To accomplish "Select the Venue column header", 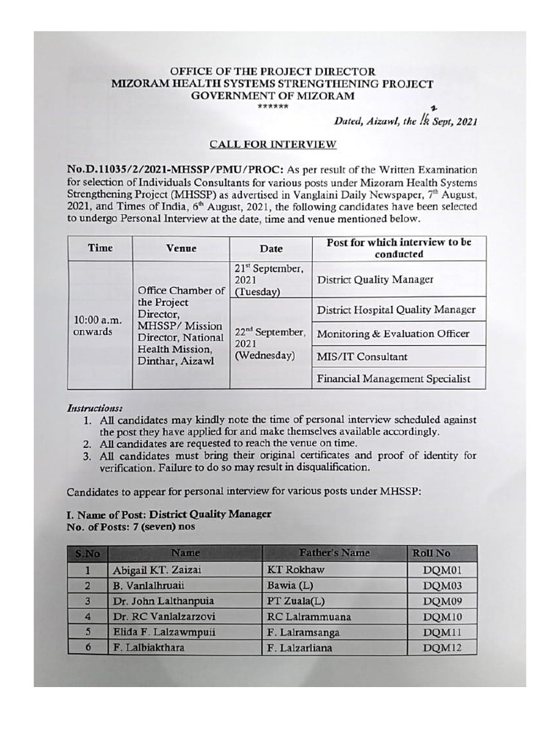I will pyautogui.click(x=181, y=248).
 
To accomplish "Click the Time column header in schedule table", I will pyautogui.click(x=100, y=248).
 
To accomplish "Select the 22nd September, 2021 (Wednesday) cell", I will pyautogui.click(x=270, y=343).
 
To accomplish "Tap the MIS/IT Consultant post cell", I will pyautogui.click(x=362, y=357).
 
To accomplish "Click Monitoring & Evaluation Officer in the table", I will pyautogui.click(x=392, y=334).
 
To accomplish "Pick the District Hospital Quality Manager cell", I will pyautogui.click(x=396, y=310).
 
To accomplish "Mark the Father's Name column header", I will pyautogui.click(x=334, y=553).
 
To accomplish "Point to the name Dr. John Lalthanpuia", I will pyautogui.click(x=163, y=601).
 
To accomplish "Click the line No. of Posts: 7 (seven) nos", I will pyautogui.click(x=131, y=526).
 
